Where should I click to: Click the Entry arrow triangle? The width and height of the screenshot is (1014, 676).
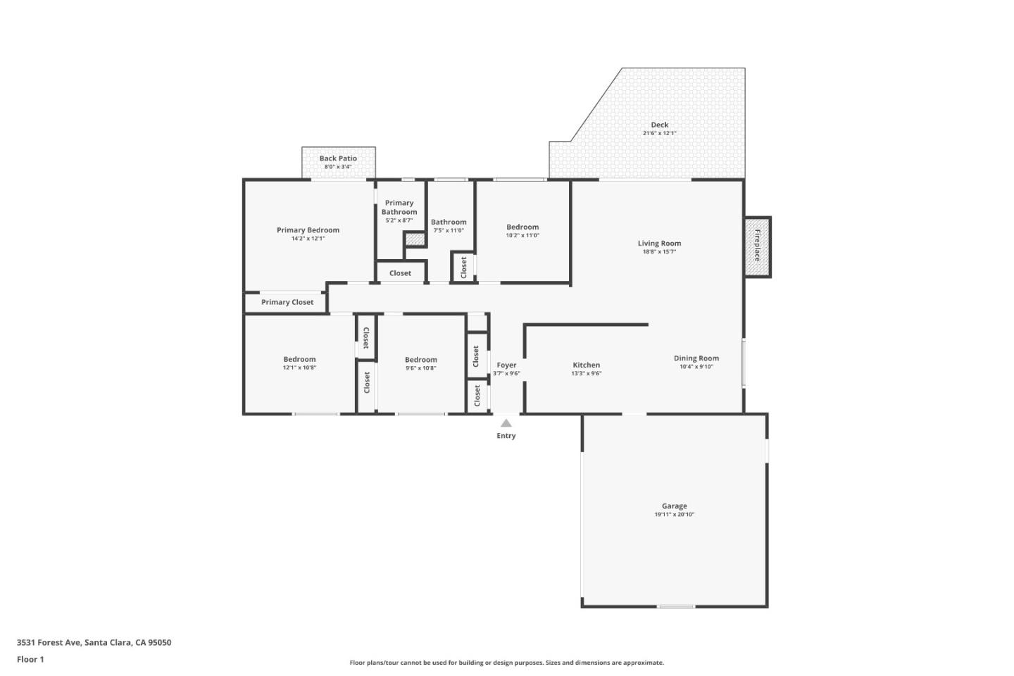[x=506, y=423]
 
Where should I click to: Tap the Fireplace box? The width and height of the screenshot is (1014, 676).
[x=758, y=246]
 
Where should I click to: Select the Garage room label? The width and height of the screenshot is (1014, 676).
[x=674, y=506]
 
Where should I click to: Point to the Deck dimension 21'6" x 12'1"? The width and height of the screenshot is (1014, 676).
[x=659, y=133]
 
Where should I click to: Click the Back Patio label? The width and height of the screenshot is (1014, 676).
[x=338, y=158]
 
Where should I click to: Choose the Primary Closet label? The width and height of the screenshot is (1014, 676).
[x=287, y=302]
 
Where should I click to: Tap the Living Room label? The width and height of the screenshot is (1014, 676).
[x=659, y=244]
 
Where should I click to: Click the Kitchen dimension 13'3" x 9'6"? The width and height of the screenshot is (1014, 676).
[x=586, y=373]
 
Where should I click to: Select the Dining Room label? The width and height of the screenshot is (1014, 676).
[x=696, y=358]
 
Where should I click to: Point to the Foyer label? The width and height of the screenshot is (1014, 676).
[x=506, y=365]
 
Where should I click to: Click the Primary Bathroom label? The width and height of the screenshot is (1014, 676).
[x=399, y=207]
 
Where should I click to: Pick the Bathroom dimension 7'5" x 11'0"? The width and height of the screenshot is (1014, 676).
[x=449, y=230]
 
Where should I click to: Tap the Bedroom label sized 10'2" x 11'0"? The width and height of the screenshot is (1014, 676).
[x=522, y=227]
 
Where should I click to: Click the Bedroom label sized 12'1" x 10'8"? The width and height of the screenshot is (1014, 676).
[x=299, y=359]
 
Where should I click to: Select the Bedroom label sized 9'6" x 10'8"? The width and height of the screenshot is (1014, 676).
[x=420, y=359]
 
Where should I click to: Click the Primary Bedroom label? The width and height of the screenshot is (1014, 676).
[x=308, y=230]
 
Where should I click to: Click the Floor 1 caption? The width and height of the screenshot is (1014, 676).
[x=30, y=659]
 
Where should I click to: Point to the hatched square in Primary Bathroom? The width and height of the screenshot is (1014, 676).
[x=415, y=239]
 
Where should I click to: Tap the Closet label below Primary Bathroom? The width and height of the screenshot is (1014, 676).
[x=400, y=273]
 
